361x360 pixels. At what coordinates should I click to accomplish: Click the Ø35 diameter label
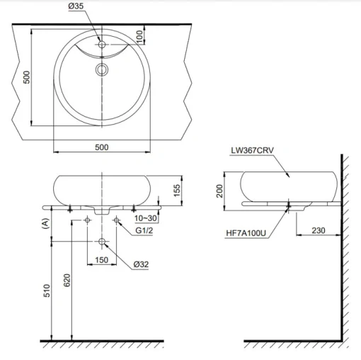(76, 6)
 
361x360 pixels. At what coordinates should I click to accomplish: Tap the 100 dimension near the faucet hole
(139, 36)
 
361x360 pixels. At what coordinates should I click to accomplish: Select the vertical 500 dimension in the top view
(26, 77)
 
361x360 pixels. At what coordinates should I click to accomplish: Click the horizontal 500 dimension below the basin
(102, 147)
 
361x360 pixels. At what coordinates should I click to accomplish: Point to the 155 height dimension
(177, 190)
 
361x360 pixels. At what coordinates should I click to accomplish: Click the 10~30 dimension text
(146, 218)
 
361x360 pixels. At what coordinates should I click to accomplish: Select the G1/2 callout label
(144, 230)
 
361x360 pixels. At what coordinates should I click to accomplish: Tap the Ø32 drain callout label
(141, 264)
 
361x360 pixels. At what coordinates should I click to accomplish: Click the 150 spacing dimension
(101, 260)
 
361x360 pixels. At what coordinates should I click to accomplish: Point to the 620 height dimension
(67, 280)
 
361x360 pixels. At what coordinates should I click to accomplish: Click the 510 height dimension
(47, 291)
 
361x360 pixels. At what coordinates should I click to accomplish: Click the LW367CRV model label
(252, 150)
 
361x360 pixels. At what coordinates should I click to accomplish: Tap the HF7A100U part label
(246, 233)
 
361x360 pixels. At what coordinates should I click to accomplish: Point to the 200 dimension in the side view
(219, 191)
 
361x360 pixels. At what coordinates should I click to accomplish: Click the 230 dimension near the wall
(319, 230)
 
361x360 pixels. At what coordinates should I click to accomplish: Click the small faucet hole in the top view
(102, 44)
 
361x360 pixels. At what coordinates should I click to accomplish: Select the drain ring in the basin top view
(102, 69)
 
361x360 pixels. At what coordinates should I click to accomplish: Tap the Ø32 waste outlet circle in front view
(102, 242)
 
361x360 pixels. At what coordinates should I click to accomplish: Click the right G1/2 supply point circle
(116, 220)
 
